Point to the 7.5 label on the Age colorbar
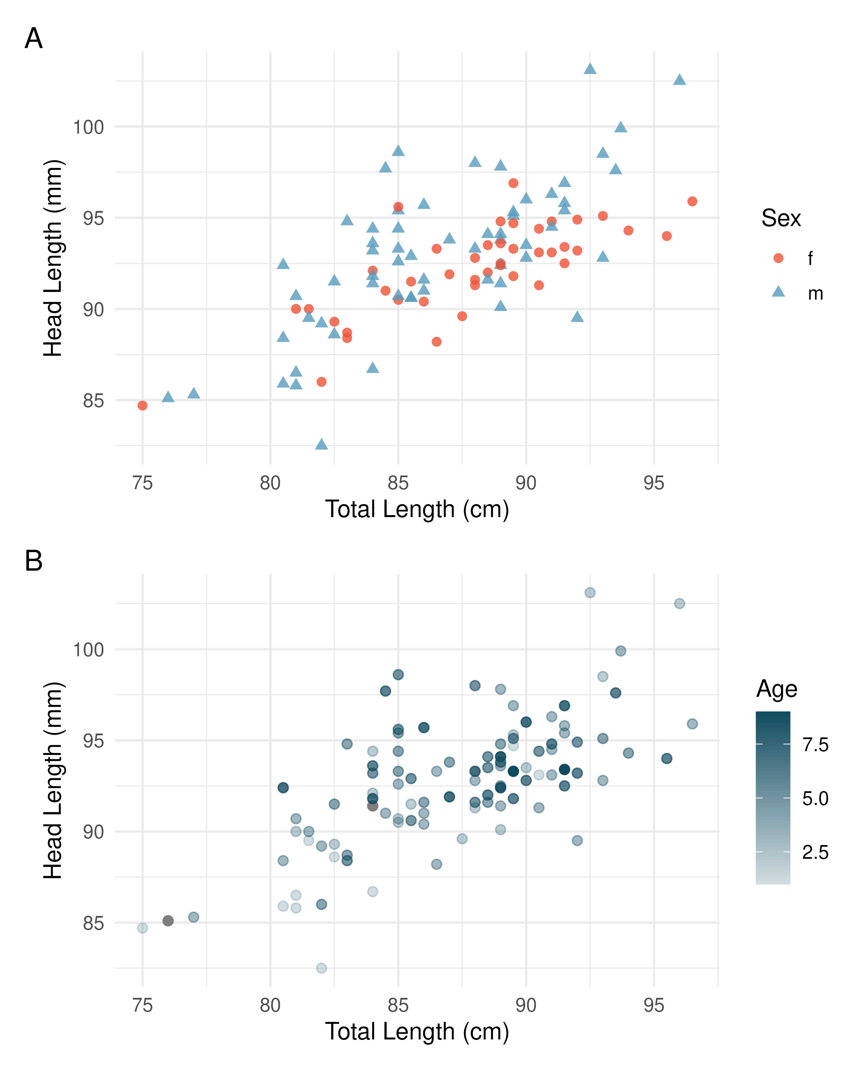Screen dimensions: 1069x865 coord(815,745)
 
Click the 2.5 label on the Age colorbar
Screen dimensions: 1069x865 coord(815,852)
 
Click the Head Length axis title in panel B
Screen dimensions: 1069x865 coord(53,781)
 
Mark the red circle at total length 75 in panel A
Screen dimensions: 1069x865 coord(142,406)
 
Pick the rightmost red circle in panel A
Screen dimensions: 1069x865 coord(692,201)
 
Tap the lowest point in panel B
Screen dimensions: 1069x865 coord(321,968)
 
